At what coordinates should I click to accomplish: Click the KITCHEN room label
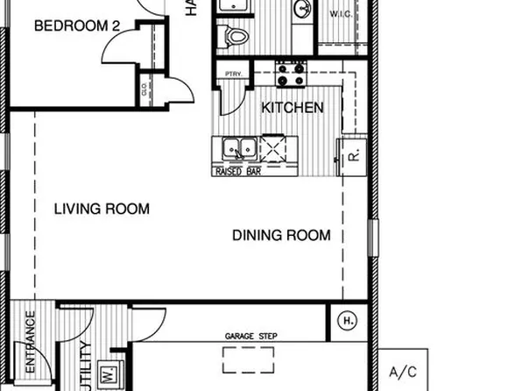point(293,108)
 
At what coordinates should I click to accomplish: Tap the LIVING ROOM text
point(102,209)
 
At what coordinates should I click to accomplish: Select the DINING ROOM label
point(281,235)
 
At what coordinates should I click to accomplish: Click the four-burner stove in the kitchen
point(291,74)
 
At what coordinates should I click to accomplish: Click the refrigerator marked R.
point(353,158)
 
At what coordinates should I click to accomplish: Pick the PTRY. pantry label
point(234,74)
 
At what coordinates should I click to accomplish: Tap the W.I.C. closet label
point(341,15)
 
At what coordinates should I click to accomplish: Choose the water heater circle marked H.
point(348,322)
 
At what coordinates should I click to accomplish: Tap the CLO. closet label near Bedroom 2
point(145,89)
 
